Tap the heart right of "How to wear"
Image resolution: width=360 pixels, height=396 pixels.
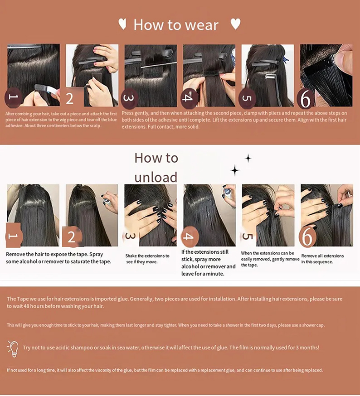click(x=235, y=24)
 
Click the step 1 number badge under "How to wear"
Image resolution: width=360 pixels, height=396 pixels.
click(x=14, y=97)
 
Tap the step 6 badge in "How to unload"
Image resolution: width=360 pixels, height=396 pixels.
click(x=308, y=236)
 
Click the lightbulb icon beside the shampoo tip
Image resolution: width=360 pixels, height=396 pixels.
click(x=13, y=348)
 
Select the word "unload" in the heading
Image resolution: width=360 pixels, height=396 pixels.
click(x=156, y=177)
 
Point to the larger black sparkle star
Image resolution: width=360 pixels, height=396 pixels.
click(x=235, y=170)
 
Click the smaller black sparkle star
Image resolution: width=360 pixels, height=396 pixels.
click(x=248, y=158)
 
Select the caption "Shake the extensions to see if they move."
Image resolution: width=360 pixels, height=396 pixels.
click(x=147, y=259)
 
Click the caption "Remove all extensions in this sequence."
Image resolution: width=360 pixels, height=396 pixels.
click(x=322, y=259)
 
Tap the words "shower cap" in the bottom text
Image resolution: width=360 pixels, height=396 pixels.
click(x=312, y=325)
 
